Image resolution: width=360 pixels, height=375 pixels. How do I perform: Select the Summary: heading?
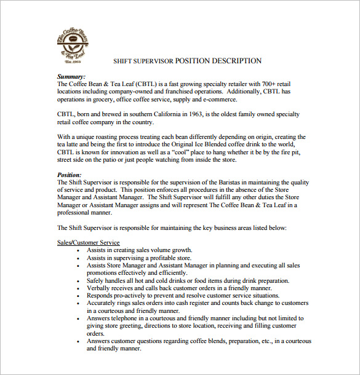coord(71,76)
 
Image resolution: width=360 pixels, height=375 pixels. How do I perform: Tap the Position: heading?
coord(70,175)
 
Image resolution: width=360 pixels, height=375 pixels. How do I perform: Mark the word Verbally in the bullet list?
coord(100,288)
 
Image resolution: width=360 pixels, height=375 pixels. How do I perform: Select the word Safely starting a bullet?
coord(97,280)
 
